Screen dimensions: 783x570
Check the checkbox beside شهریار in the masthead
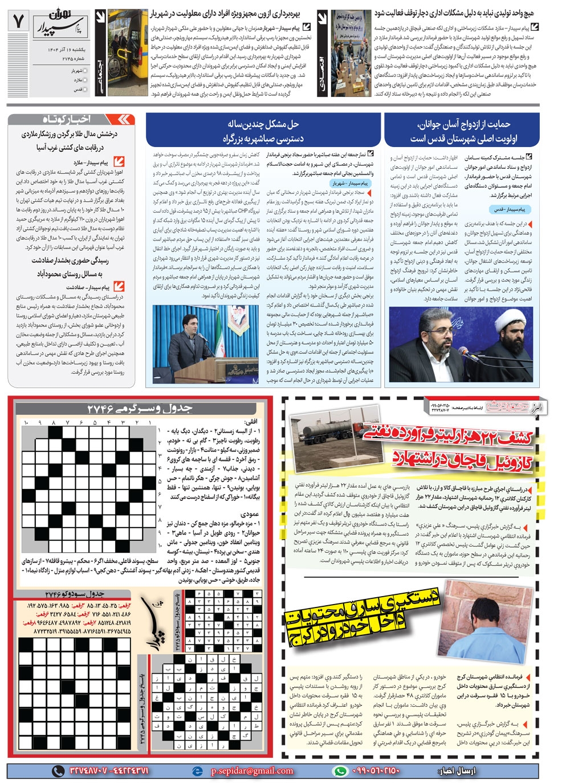pos(85,71)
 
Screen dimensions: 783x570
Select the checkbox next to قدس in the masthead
pos(85,89)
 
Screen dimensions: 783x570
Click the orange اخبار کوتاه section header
pos(71,119)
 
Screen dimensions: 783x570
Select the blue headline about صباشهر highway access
pos(263,131)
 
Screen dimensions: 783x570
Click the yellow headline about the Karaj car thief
pos(362,615)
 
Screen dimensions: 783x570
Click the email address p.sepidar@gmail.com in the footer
pos(251,771)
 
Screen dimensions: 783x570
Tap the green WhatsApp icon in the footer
pos(340,771)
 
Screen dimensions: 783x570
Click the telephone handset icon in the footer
pos(58,771)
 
